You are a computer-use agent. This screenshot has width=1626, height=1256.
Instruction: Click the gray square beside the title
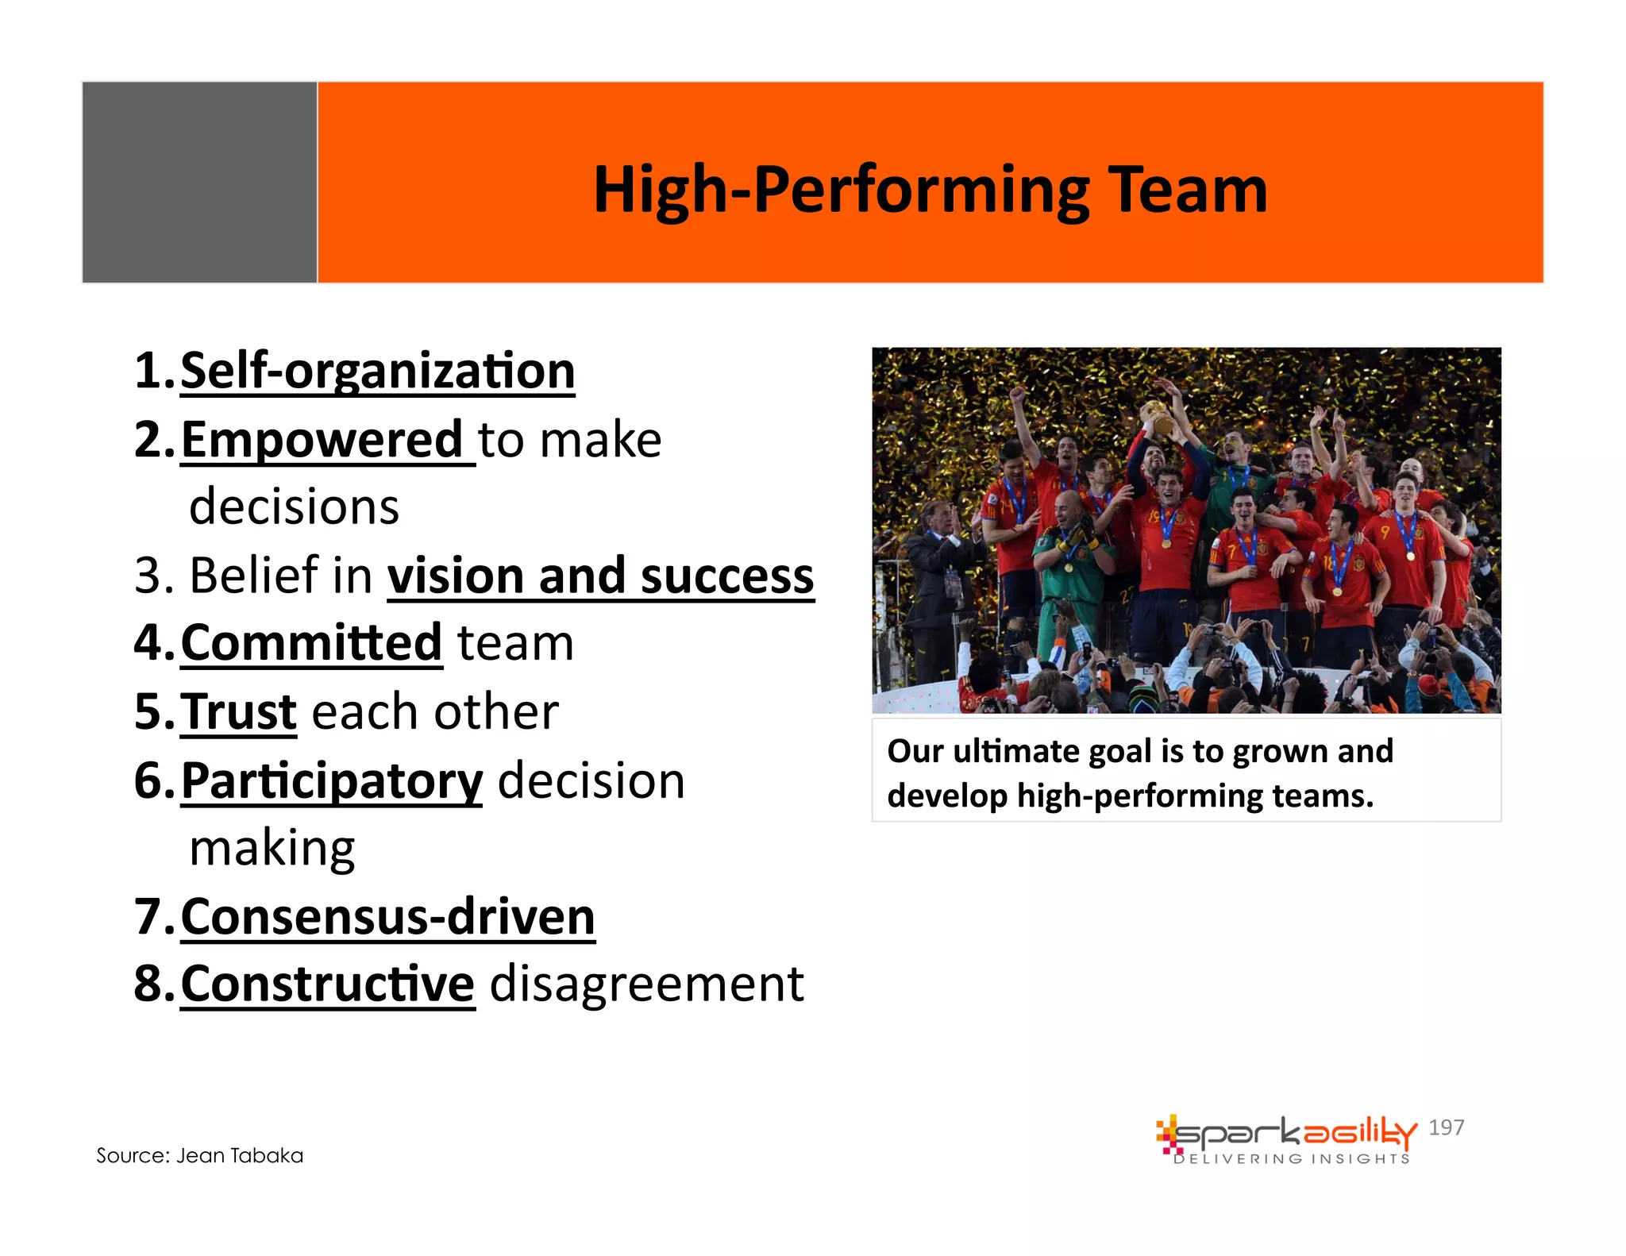(199, 183)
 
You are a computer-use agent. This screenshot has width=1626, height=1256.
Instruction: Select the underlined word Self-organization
(377, 372)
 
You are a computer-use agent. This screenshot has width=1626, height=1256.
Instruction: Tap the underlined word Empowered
(322, 441)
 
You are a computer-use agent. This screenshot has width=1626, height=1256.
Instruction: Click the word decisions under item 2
(294, 507)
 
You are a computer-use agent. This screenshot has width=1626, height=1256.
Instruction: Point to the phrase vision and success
(600, 576)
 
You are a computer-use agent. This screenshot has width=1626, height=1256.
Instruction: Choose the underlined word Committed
(310, 643)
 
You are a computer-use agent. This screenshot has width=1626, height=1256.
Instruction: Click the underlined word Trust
(238, 712)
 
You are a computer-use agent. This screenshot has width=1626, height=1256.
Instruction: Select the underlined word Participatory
(331, 781)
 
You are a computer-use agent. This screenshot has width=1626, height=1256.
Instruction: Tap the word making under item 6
(272, 848)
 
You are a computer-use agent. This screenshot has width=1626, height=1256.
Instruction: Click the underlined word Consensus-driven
(387, 917)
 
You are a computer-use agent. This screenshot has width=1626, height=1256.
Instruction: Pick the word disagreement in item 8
(646, 984)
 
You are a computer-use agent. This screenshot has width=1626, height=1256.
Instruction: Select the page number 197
(1446, 1127)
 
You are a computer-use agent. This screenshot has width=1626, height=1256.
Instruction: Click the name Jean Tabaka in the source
(239, 1156)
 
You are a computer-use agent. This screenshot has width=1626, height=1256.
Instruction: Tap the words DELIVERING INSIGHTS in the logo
(1292, 1159)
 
